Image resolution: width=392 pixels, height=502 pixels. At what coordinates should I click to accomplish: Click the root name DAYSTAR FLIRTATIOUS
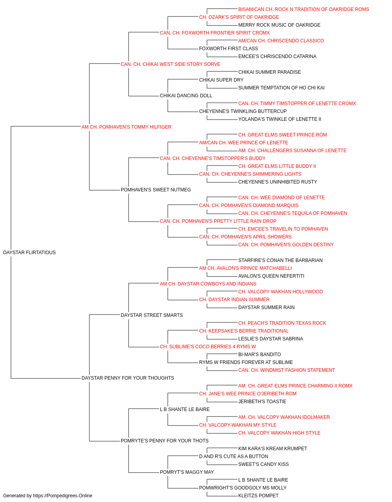[x=29, y=253]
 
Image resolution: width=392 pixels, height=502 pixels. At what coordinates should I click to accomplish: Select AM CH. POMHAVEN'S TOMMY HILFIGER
[x=126, y=127]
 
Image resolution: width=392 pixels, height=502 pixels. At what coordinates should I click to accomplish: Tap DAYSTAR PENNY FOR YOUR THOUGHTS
[x=128, y=378]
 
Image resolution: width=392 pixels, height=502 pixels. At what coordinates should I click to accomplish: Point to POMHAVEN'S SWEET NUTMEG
[x=156, y=190]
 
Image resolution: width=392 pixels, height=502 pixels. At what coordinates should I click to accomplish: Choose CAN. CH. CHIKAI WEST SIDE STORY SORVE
[x=171, y=64]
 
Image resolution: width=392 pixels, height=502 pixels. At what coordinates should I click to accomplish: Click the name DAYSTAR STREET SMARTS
[x=152, y=315]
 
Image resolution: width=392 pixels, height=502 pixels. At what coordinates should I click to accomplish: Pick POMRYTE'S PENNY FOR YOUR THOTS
[x=164, y=441]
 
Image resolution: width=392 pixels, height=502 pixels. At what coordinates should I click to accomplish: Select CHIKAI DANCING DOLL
[x=186, y=96]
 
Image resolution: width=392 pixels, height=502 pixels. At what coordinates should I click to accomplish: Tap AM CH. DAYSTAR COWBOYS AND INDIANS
[x=208, y=284]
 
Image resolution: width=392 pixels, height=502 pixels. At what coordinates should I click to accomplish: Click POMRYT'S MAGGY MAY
[x=187, y=472]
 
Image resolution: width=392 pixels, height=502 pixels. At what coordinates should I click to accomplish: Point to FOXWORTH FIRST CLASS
[x=229, y=49]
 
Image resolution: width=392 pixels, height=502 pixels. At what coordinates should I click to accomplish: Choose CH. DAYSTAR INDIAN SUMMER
[x=234, y=300]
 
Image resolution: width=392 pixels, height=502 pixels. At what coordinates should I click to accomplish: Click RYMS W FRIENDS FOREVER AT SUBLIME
[x=246, y=362]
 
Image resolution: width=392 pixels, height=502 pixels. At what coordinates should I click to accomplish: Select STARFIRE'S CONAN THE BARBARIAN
[x=280, y=260]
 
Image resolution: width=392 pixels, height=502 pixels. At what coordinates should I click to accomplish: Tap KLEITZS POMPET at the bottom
[x=258, y=496]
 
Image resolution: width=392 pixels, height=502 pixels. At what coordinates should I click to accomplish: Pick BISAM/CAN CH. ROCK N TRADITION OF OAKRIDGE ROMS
[x=303, y=9]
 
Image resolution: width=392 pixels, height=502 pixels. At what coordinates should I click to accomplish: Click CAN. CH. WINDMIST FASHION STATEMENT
[x=287, y=370]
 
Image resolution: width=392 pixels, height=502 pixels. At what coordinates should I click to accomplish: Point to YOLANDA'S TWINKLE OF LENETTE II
[x=279, y=119]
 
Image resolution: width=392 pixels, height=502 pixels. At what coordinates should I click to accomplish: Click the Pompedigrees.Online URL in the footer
[x=63, y=496]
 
